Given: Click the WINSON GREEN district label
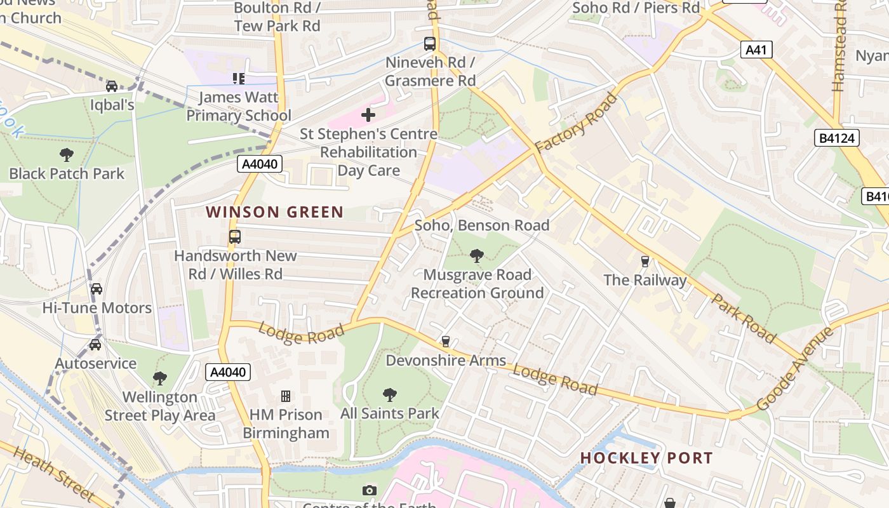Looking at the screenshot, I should coord(274,212).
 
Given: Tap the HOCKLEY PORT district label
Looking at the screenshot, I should coord(646,458).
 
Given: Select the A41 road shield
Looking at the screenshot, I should coord(756,50).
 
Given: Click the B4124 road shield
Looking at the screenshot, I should coord(836,138).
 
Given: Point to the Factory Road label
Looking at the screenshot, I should coord(576,124).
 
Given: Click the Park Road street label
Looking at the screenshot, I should coord(744,317).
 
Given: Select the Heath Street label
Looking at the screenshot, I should coord(53,474).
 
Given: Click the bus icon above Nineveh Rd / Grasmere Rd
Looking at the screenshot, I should coord(430,44).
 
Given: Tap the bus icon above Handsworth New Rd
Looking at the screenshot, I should coord(235,237).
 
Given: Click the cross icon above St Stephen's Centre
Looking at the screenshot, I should coord(368,115).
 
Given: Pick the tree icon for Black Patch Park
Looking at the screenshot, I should coord(66,154).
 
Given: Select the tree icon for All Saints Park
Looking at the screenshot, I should coord(390,395).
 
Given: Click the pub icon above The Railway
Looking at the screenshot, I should coord(645,262).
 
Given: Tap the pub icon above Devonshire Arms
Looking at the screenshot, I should coord(446,342).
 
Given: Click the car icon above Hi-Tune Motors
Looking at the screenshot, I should coord(97,289).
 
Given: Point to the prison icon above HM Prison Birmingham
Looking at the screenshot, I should coord(286,396).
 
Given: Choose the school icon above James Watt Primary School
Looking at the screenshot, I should coord(239,79).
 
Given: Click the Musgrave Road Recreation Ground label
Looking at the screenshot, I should coord(477,283).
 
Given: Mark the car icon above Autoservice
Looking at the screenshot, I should coord(95,345).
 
